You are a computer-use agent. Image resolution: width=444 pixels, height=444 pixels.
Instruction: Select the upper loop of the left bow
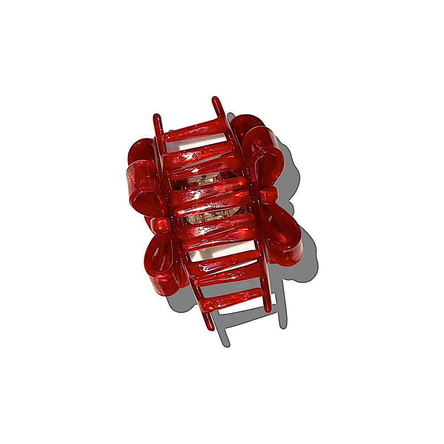pos(143,178)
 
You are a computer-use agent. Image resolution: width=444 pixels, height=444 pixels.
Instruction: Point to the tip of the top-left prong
pos(156,118)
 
